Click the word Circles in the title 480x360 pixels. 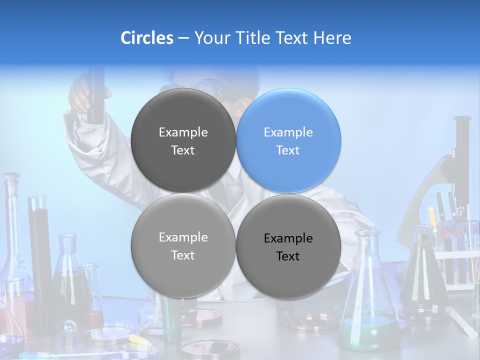147,38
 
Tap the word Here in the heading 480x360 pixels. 332,38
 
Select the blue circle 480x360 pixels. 288,140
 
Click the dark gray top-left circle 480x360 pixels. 183,140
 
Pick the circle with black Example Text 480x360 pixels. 288,246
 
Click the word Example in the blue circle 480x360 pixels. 288,132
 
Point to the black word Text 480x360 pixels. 288,256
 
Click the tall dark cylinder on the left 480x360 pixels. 40,250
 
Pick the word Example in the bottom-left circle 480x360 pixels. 183,237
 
